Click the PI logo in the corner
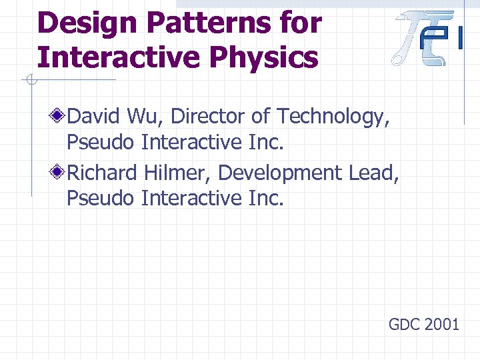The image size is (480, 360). click(x=427, y=39)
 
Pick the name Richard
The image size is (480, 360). click(x=103, y=173)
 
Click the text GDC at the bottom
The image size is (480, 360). click(x=404, y=325)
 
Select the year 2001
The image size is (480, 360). click(x=442, y=325)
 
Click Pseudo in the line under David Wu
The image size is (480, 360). click(x=101, y=142)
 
